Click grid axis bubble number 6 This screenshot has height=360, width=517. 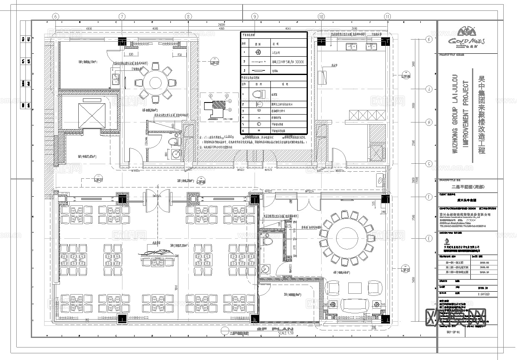[x=55, y=16]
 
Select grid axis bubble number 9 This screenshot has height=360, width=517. [x=255, y=16]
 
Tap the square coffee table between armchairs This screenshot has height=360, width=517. [x=355, y=287]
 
